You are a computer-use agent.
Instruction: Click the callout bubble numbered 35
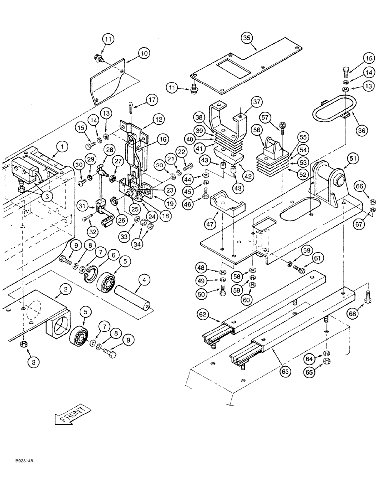click(x=246, y=38)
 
